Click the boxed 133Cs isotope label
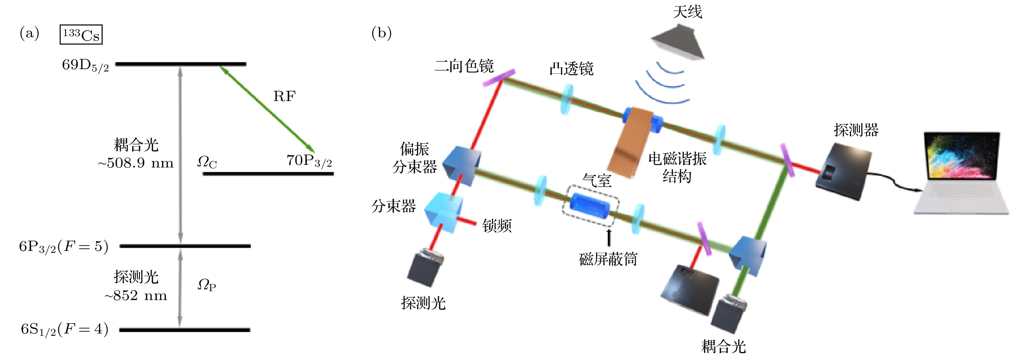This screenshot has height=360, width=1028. [x=81, y=35]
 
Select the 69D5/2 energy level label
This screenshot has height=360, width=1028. [x=85, y=65]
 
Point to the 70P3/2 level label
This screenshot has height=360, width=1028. [x=309, y=161]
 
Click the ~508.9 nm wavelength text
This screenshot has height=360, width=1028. [x=136, y=163]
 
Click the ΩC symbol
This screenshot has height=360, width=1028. [x=207, y=163]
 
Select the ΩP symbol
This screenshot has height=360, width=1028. [x=207, y=285]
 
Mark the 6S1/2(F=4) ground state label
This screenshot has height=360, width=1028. [x=65, y=330]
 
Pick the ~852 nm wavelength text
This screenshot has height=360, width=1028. [x=136, y=296]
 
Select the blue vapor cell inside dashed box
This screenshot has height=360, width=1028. [x=590, y=206]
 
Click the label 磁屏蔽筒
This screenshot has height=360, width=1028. [x=608, y=259]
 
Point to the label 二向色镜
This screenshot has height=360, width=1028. [x=464, y=66]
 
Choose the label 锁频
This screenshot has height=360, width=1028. [x=497, y=226]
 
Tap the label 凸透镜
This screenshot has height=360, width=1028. [x=571, y=69]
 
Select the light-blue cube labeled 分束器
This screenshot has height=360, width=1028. [x=444, y=212]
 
